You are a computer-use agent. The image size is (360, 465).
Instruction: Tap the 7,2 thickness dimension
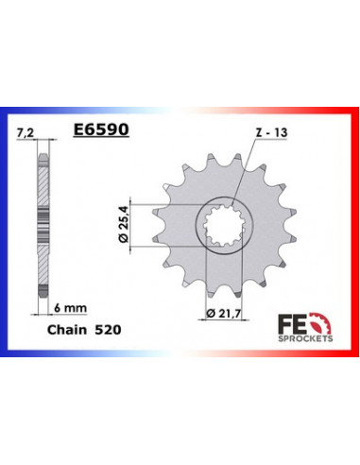[26, 136]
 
